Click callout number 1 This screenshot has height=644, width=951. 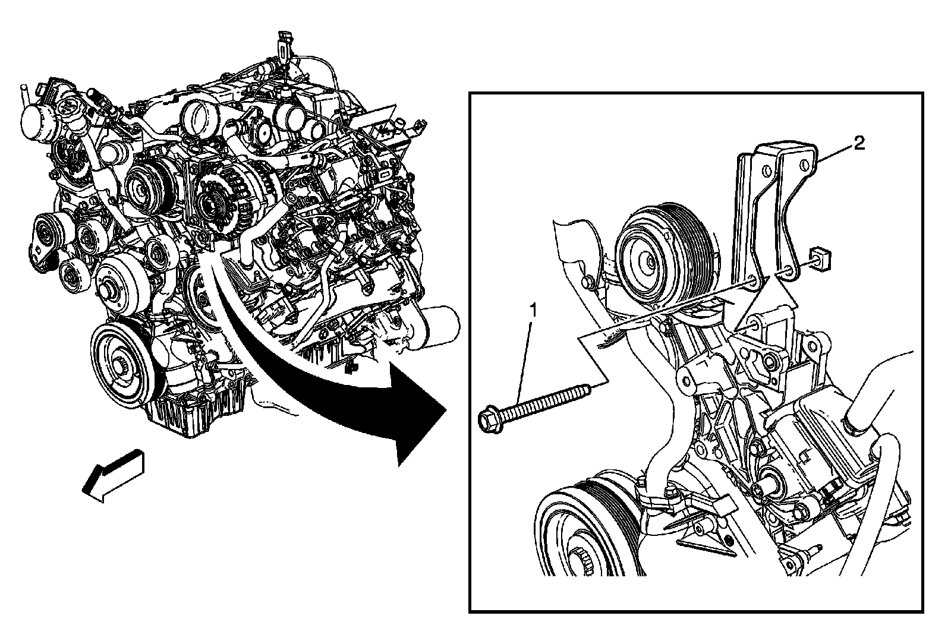(533, 311)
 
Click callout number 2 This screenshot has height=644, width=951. (858, 143)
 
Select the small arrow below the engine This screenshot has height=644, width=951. (113, 476)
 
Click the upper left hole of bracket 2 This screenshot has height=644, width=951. (766, 171)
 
